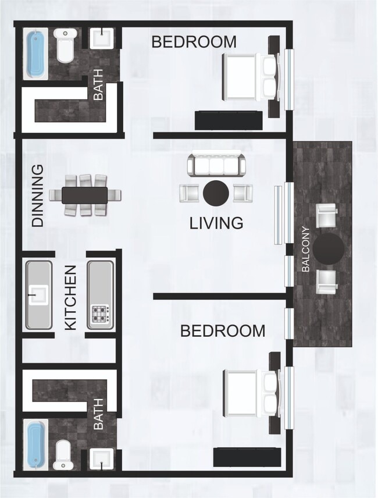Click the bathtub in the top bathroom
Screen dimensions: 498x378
point(36,54)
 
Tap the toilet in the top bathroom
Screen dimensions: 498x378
point(65,45)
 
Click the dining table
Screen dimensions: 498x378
point(85,195)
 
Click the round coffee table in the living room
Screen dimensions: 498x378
point(215,193)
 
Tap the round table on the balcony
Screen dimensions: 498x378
point(329,248)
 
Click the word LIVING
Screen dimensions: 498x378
point(216,223)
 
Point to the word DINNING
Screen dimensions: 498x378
point(38,195)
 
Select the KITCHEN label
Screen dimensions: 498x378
point(71,298)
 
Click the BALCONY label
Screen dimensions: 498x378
point(306,249)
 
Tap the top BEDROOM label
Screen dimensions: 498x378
point(194,42)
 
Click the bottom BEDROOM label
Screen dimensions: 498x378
point(223,331)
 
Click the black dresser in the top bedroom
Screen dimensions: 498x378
point(228,120)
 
